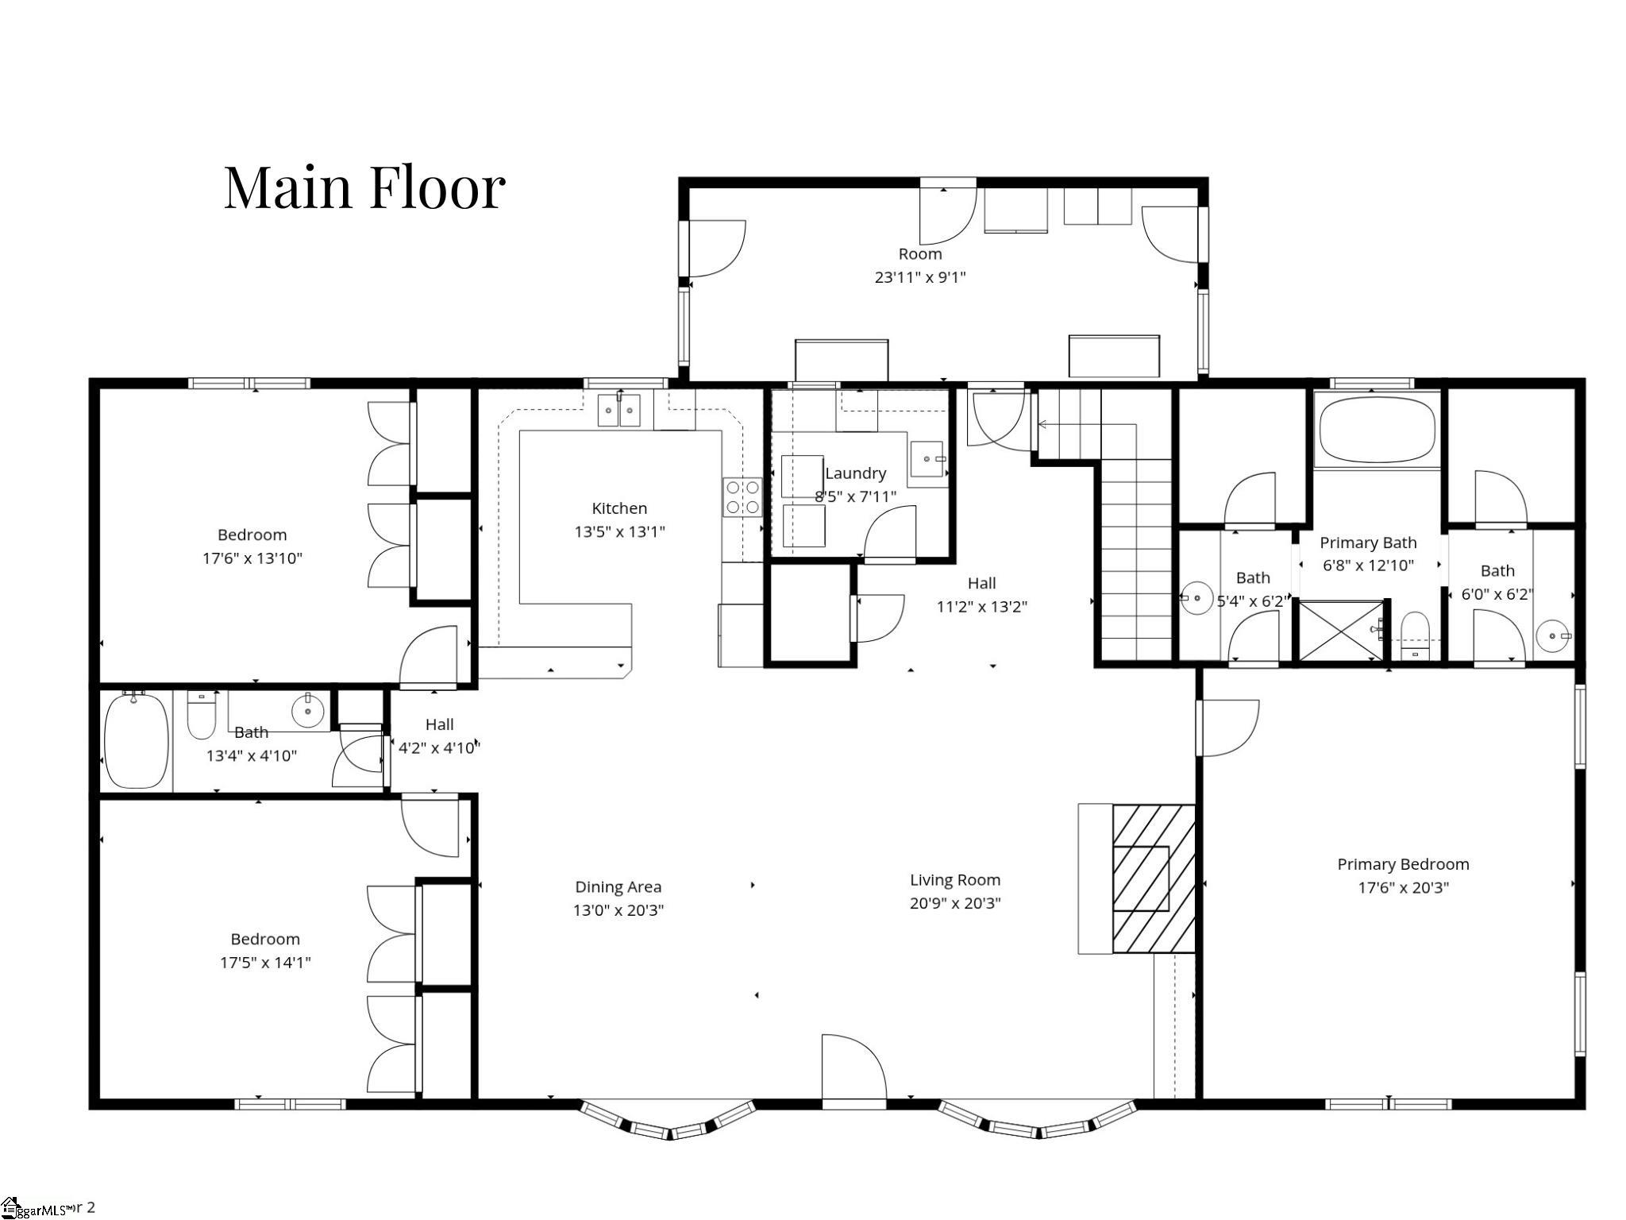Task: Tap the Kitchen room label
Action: [619, 508]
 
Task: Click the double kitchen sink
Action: [619, 411]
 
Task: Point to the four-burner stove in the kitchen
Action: [742, 497]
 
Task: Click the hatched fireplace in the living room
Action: [1153, 878]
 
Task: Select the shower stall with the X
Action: [1339, 631]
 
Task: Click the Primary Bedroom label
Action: [1403, 864]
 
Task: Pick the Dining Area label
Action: [618, 887]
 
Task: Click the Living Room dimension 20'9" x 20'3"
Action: [954, 903]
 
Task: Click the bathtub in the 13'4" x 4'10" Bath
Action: [137, 741]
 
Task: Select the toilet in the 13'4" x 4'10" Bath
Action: [201, 716]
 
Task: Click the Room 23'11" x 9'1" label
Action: [920, 265]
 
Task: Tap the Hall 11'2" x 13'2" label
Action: [981, 595]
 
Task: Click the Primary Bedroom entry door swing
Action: [1227, 727]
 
